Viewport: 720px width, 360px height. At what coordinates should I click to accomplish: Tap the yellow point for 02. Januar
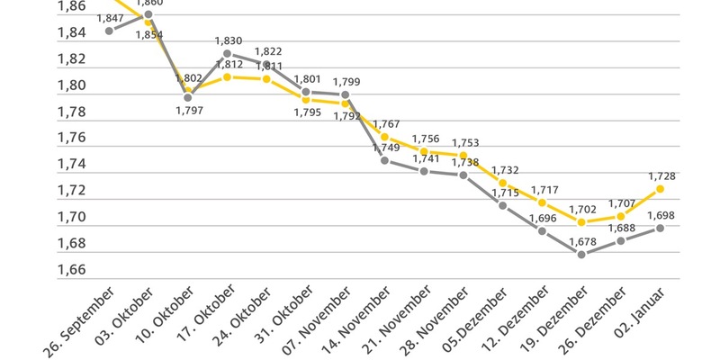tap(661, 189)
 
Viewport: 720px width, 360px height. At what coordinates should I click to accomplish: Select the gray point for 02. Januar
tap(661, 228)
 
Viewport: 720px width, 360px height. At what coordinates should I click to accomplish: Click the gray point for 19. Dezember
tap(581, 255)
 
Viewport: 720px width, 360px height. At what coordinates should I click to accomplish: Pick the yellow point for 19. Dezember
tap(581, 221)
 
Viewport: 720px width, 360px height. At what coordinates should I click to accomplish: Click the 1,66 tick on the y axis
tap(71, 270)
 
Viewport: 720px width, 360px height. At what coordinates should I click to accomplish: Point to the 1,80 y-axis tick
tap(71, 85)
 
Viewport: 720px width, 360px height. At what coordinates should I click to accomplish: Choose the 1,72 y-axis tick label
tap(71, 191)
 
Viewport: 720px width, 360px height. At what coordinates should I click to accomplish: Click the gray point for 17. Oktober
tap(228, 54)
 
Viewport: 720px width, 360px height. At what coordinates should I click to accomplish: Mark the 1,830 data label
tap(228, 41)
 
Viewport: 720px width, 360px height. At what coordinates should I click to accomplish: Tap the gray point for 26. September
tap(109, 31)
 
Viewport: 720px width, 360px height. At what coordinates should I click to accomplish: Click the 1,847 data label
tap(109, 18)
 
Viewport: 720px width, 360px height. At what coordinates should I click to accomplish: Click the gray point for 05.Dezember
tap(502, 205)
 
